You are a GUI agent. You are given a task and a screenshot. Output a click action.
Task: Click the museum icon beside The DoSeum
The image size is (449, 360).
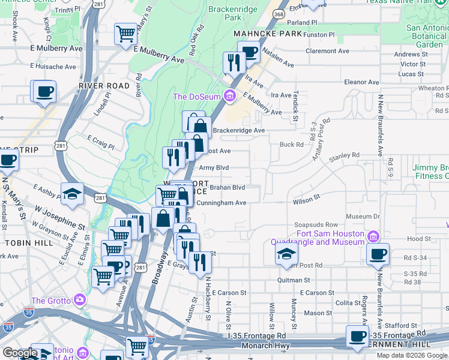coord(229,95)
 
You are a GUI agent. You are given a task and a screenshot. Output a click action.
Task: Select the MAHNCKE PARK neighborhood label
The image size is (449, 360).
coord(267,34)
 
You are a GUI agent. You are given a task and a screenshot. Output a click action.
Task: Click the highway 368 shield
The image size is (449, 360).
coord(278,13)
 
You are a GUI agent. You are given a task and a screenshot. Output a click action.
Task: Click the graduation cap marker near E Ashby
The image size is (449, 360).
coord(72,193)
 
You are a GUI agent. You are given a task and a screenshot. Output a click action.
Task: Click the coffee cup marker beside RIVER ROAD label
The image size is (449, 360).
coord(44,92)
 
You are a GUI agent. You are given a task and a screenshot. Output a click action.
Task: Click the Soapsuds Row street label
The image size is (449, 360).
coord(312,225)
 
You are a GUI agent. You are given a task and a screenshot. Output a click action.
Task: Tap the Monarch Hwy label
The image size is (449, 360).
coord(265,346)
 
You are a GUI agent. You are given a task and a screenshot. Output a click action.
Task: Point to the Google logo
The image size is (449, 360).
coord(20,352)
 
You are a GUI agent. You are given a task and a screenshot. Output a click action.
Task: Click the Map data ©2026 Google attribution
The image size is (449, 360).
coord(411,355)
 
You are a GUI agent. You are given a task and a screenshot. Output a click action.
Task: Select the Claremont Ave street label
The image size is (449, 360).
coord(344,51)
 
